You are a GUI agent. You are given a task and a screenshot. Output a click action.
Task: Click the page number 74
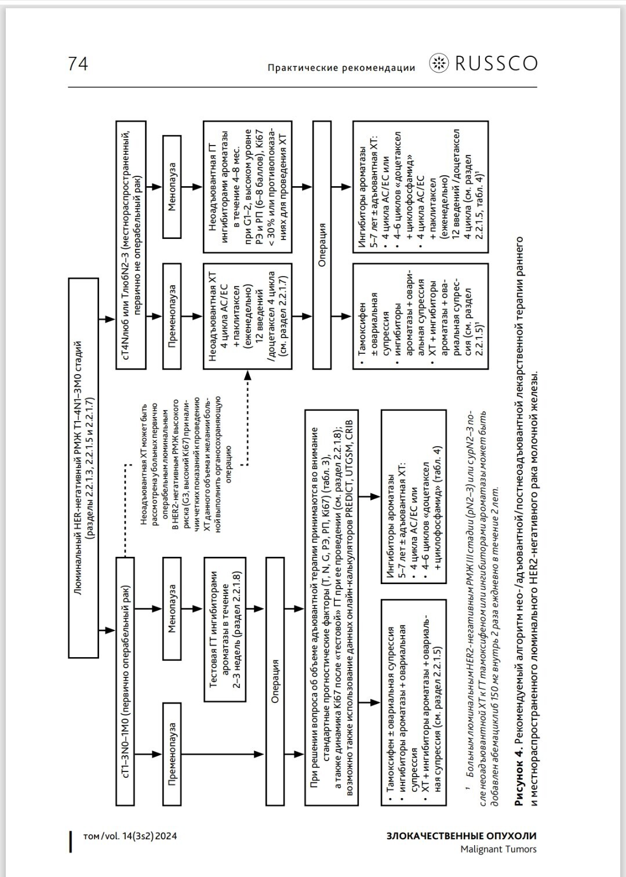click(x=78, y=63)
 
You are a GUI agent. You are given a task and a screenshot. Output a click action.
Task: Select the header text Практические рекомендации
click(x=341, y=68)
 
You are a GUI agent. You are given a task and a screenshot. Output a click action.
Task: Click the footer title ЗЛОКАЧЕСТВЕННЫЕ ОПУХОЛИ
click(x=461, y=836)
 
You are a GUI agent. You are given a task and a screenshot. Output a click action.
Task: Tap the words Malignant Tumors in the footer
click(x=498, y=849)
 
